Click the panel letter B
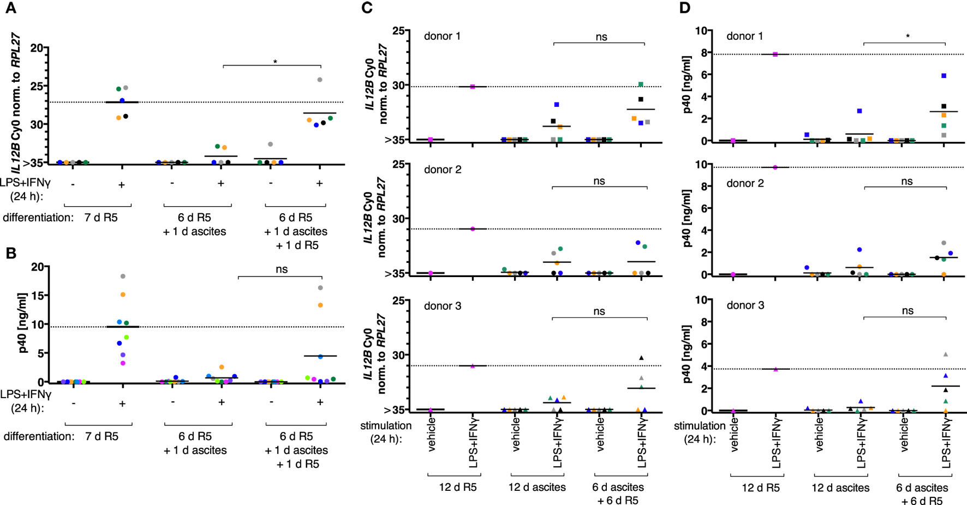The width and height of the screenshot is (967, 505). [11, 253]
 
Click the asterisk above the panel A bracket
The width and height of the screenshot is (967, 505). [275, 62]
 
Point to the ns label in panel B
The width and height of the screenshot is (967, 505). [282, 269]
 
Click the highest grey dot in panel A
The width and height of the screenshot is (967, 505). [320, 80]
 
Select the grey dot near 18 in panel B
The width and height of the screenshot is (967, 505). [123, 276]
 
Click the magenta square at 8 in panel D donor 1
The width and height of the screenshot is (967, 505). [775, 55]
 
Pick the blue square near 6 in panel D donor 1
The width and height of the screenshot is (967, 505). [944, 76]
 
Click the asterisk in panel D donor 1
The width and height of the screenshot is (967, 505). [908, 37]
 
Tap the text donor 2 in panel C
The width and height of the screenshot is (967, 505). [443, 170]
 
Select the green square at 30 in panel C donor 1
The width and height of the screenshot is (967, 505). [641, 85]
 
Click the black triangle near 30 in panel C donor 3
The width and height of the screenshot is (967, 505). [642, 358]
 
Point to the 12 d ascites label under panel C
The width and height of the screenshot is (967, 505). [537, 487]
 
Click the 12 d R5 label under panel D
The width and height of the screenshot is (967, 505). [761, 488]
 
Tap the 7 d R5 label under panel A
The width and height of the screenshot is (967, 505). [101, 218]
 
